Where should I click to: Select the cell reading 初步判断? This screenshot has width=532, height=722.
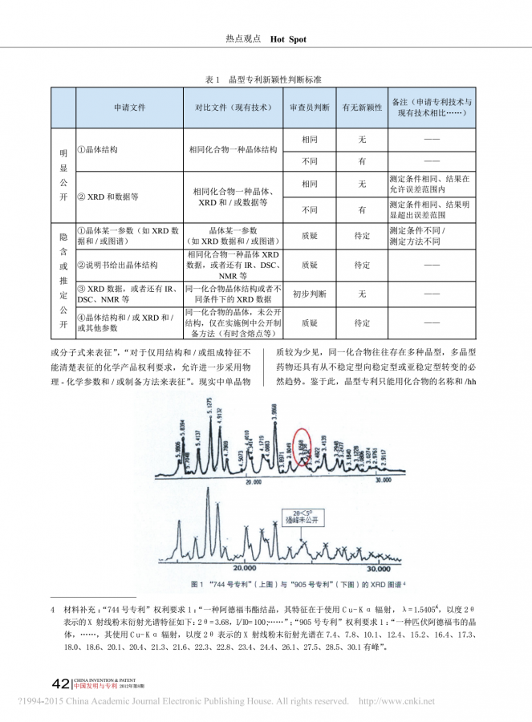(x=309, y=293)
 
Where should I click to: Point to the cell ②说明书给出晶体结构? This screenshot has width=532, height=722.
(x=117, y=264)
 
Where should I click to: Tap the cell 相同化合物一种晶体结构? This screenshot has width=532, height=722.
(x=233, y=150)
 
